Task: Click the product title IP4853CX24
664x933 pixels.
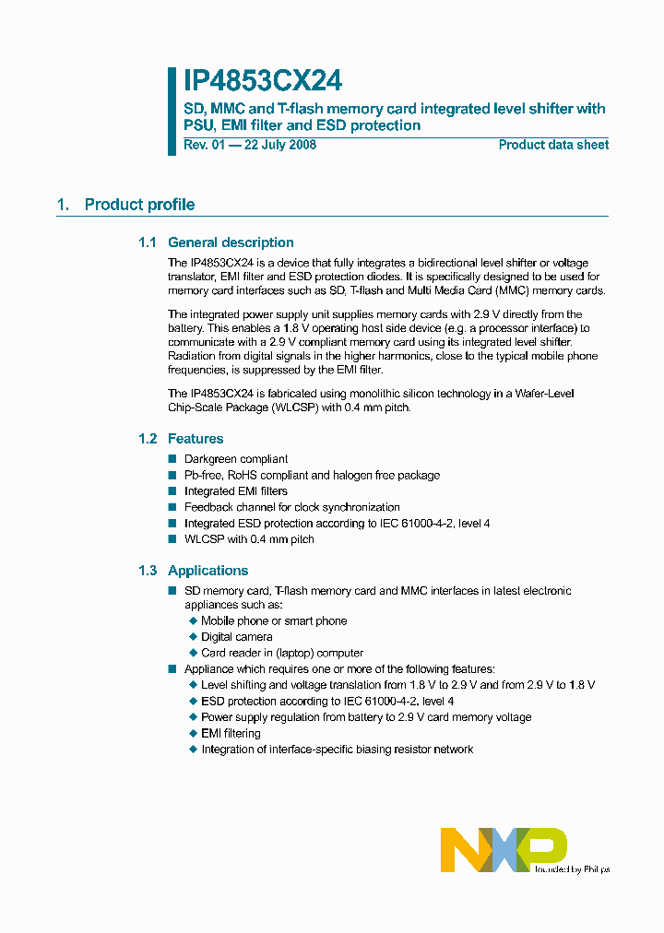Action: pyautogui.click(x=262, y=81)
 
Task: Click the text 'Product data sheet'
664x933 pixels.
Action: pyautogui.click(x=553, y=145)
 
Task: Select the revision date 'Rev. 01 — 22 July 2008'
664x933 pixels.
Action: pyautogui.click(x=250, y=145)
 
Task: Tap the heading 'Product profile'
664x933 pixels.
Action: pyautogui.click(x=139, y=205)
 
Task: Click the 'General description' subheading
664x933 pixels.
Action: pyautogui.click(x=231, y=242)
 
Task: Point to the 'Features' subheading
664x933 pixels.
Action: pyautogui.click(x=196, y=439)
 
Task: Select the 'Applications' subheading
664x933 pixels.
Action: pyautogui.click(x=207, y=571)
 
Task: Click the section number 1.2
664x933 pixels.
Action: pyautogui.click(x=148, y=439)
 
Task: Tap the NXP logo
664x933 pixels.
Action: pyautogui.click(x=504, y=848)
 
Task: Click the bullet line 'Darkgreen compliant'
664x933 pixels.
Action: pyautogui.click(x=236, y=459)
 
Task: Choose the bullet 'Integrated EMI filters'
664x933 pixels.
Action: pyautogui.click(x=236, y=491)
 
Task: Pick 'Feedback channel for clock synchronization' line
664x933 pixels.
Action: pyautogui.click(x=292, y=507)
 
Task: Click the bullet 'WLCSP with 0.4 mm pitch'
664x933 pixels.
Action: pyautogui.click(x=249, y=539)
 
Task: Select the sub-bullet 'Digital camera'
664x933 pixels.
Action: pyautogui.click(x=237, y=637)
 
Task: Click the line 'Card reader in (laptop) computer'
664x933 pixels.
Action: pyautogui.click(x=282, y=653)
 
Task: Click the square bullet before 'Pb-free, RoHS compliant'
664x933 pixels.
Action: pyautogui.click(x=172, y=475)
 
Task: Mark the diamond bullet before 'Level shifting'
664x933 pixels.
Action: pyautogui.click(x=194, y=685)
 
